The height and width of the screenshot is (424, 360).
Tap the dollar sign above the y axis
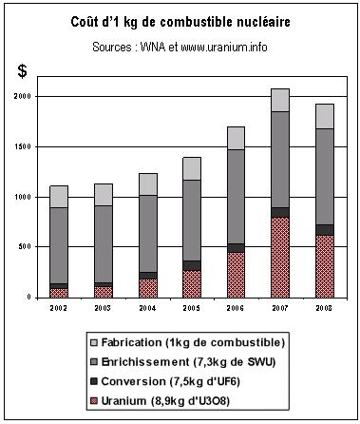click(23, 71)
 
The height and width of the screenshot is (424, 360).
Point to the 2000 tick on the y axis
click(22, 97)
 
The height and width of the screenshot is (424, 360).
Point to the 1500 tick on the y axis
click(22, 147)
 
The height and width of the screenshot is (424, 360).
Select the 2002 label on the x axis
click(60, 308)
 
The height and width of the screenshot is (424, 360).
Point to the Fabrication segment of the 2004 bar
click(148, 184)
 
